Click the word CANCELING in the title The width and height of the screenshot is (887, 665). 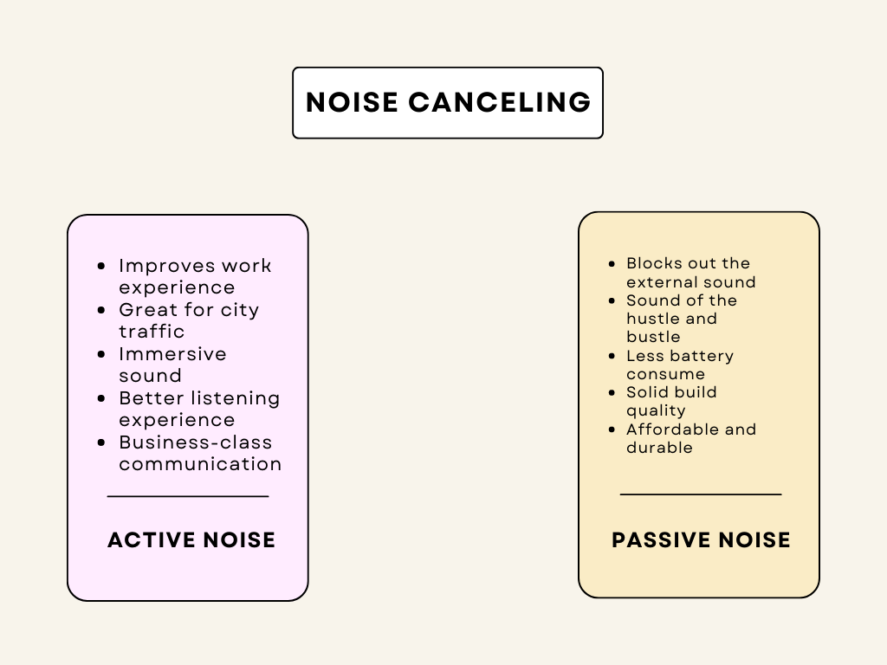click(x=500, y=102)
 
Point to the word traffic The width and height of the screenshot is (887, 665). click(x=152, y=332)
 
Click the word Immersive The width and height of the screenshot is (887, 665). click(x=172, y=354)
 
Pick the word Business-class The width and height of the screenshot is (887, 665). click(x=196, y=442)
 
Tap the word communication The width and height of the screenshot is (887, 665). click(x=200, y=464)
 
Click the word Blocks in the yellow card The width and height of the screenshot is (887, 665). click(x=651, y=263)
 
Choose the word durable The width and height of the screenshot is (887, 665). click(x=659, y=448)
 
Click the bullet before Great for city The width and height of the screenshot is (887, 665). click(x=103, y=310)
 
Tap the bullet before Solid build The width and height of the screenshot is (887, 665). click(x=612, y=392)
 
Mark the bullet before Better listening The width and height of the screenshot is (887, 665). click(x=103, y=398)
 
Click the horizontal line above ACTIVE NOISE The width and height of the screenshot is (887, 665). click(x=188, y=496)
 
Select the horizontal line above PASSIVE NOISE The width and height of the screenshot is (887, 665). click(x=701, y=494)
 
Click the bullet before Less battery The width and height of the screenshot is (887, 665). click(x=612, y=356)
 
